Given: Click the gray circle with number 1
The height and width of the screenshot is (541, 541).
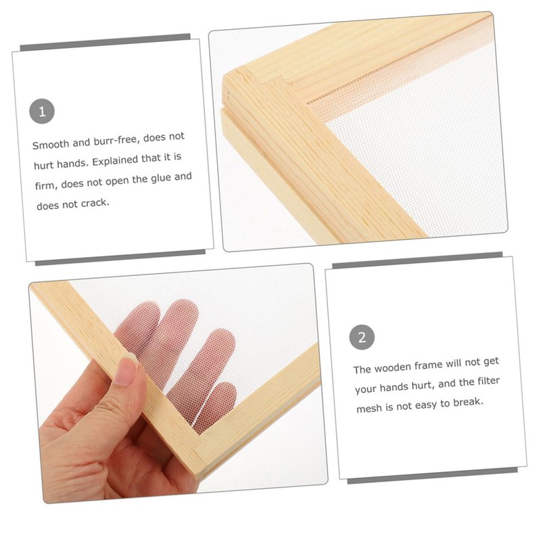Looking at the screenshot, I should click(42, 112).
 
